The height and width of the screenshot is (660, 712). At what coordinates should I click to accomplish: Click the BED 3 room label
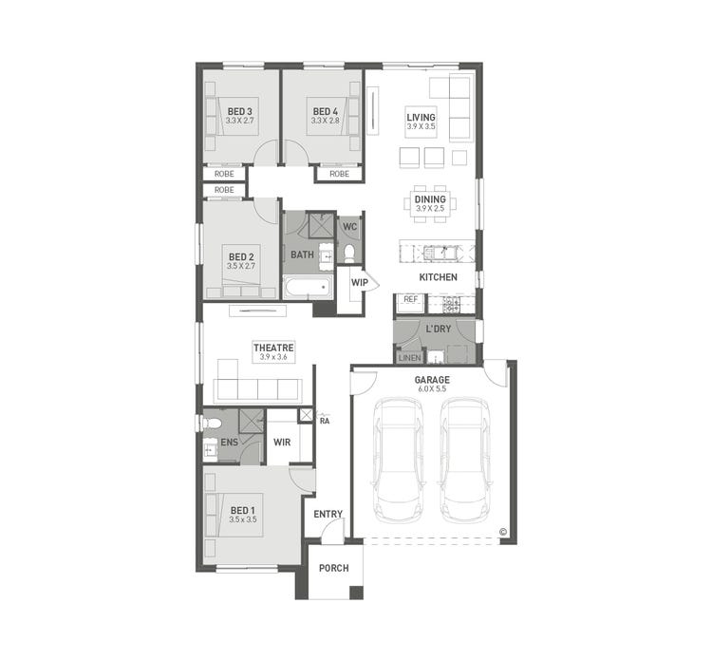(240, 111)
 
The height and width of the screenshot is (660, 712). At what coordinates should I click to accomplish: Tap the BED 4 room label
(326, 111)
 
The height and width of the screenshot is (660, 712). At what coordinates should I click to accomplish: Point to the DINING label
(430, 199)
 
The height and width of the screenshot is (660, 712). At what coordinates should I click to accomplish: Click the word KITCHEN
(439, 277)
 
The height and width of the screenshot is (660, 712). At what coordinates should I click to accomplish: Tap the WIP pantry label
(360, 283)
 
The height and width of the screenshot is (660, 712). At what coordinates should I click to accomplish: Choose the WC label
(348, 227)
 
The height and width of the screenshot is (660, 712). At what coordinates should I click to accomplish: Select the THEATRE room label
(272, 349)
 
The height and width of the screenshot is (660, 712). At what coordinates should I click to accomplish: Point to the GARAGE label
(432, 380)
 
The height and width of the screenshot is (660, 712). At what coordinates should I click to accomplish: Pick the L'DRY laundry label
(438, 329)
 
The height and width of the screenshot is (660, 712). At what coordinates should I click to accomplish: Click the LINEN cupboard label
(409, 357)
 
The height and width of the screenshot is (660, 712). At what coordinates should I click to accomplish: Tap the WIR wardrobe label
(281, 442)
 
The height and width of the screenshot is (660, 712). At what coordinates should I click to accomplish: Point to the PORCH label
(333, 569)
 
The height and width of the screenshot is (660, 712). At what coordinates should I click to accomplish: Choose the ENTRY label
(328, 514)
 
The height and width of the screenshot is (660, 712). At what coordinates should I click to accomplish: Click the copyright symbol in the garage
(502, 533)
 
